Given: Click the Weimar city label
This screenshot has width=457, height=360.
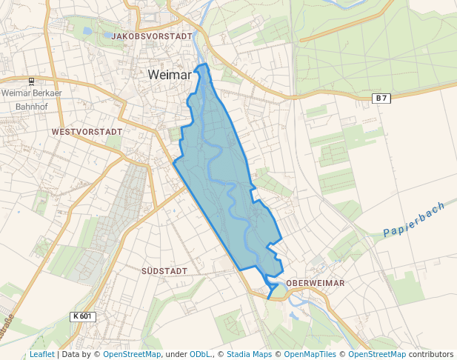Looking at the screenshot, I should point(171,75).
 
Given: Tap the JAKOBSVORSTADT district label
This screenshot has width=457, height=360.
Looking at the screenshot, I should point(153,36).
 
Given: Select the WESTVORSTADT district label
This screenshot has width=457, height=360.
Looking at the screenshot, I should point(87,131).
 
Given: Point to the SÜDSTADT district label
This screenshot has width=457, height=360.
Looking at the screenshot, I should point(164,271).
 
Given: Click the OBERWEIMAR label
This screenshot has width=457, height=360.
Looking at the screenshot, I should point(316,283).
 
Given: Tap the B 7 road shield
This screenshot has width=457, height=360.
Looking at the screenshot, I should point(381,99).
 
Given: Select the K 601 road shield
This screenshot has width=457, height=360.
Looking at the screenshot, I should point(83,316).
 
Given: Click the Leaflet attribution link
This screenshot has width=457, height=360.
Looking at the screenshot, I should point(41,355).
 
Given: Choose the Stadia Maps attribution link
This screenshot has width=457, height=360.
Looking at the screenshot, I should point(249,355).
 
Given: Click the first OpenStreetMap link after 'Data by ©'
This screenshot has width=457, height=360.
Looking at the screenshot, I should point(132,355).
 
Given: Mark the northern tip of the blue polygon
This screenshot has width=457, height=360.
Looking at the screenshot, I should point(205,65).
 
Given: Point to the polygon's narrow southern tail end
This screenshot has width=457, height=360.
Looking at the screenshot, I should point(268,297).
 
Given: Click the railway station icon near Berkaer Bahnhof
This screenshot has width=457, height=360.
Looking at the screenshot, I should point(31,81).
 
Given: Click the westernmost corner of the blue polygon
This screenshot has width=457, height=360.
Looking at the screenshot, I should point(173,161).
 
